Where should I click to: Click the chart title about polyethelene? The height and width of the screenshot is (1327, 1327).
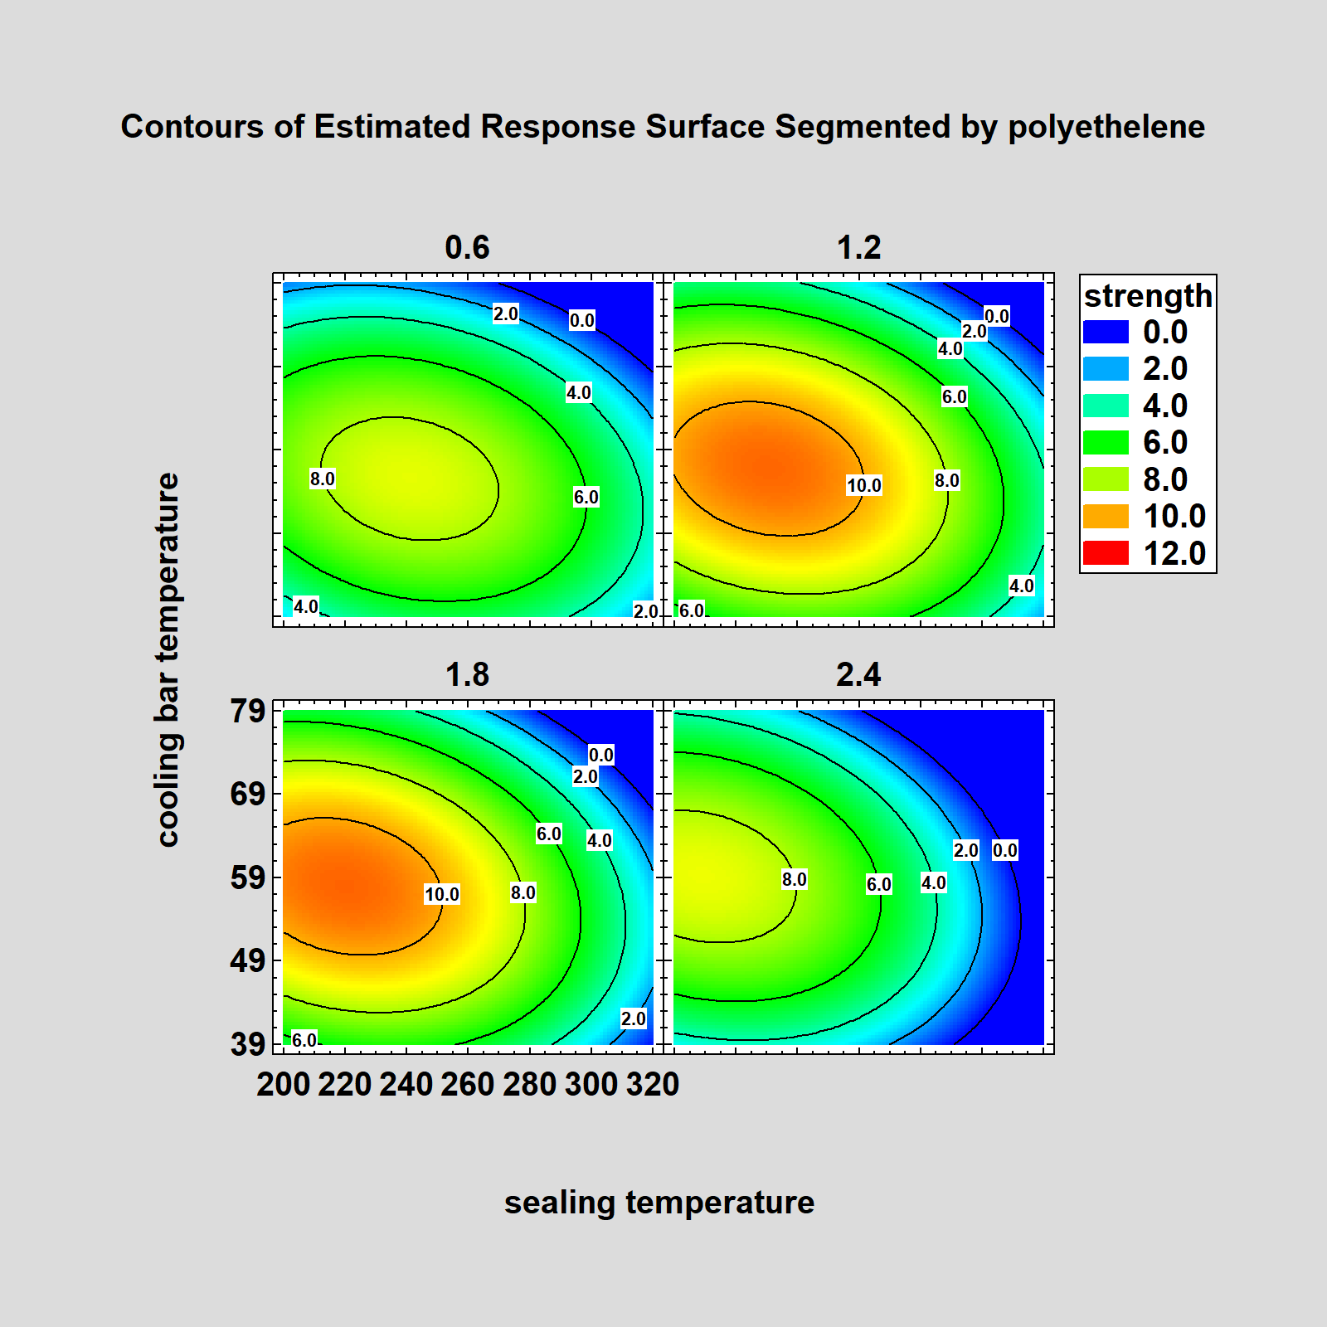pyautogui.click(x=662, y=127)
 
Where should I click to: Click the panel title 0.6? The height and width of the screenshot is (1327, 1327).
pyautogui.click(x=467, y=247)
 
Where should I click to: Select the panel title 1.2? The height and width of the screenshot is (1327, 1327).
pyautogui.click(x=858, y=247)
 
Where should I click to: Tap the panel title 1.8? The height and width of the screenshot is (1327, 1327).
pyautogui.click(x=467, y=674)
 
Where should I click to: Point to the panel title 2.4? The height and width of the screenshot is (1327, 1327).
pyautogui.click(x=858, y=674)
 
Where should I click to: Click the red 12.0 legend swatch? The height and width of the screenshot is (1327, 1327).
pyautogui.click(x=1106, y=552)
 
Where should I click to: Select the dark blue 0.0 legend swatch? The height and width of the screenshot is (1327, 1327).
pyautogui.click(x=1106, y=332)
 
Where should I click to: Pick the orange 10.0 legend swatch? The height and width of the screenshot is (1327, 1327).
pyautogui.click(x=1106, y=516)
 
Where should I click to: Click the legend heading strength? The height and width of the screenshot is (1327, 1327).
pyautogui.click(x=1148, y=296)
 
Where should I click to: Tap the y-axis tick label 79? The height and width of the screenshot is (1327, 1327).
pyautogui.click(x=247, y=711)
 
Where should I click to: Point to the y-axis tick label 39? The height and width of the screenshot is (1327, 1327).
pyautogui.click(x=247, y=1044)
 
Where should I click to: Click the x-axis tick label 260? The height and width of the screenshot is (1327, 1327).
pyautogui.click(x=467, y=1084)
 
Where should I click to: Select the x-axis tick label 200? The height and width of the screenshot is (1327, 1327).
pyautogui.click(x=283, y=1084)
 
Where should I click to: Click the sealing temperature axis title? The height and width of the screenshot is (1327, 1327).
pyautogui.click(x=659, y=1202)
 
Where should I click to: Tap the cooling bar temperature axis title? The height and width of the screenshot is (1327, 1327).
pyautogui.click(x=168, y=659)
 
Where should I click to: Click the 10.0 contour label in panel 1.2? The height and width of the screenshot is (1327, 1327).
pyautogui.click(x=863, y=485)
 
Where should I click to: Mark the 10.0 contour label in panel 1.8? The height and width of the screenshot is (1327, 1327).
pyautogui.click(x=441, y=894)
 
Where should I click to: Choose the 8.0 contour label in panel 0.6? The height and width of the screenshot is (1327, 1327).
pyautogui.click(x=322, y=479)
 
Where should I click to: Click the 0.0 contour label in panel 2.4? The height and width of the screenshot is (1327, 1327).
pyautogui.click(x=1004, y=850)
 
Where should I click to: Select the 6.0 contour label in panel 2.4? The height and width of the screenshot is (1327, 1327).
pyautogui.click(x=878, y=884)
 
